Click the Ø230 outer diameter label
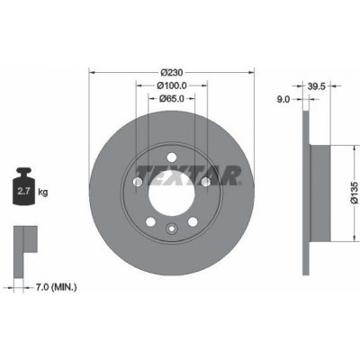(x=172, y=73)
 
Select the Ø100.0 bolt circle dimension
(x=172, y=85)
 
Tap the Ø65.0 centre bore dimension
(x=172, y=98)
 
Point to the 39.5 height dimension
(x=317, y=86)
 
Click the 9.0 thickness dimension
(x=283, y=99)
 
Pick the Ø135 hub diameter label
(x=355, y=193)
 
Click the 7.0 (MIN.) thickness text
(x=56, y=287)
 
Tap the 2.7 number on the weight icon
(x=23, y=191)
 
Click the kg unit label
(x=43, y=192)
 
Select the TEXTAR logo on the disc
(x=188, y=175)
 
